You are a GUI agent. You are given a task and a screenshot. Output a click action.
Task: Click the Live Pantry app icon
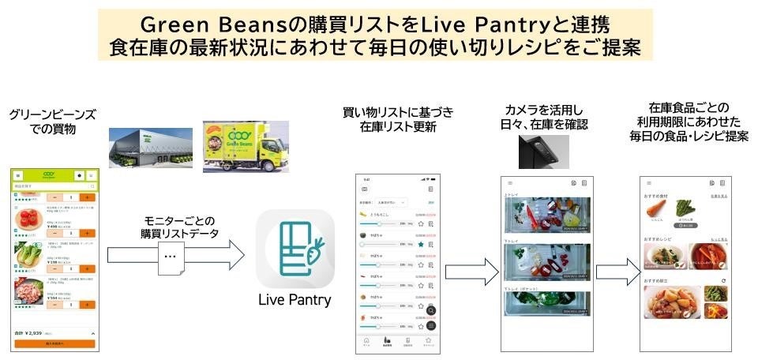pos(295,248)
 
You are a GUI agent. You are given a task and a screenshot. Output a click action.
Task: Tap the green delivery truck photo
pos(241,146)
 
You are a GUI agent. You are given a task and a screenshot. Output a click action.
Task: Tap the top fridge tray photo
pos(546,215)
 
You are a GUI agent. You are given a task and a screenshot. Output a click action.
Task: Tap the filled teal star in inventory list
pos(421,246)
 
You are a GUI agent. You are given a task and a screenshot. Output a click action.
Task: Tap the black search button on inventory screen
pos(431,310)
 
